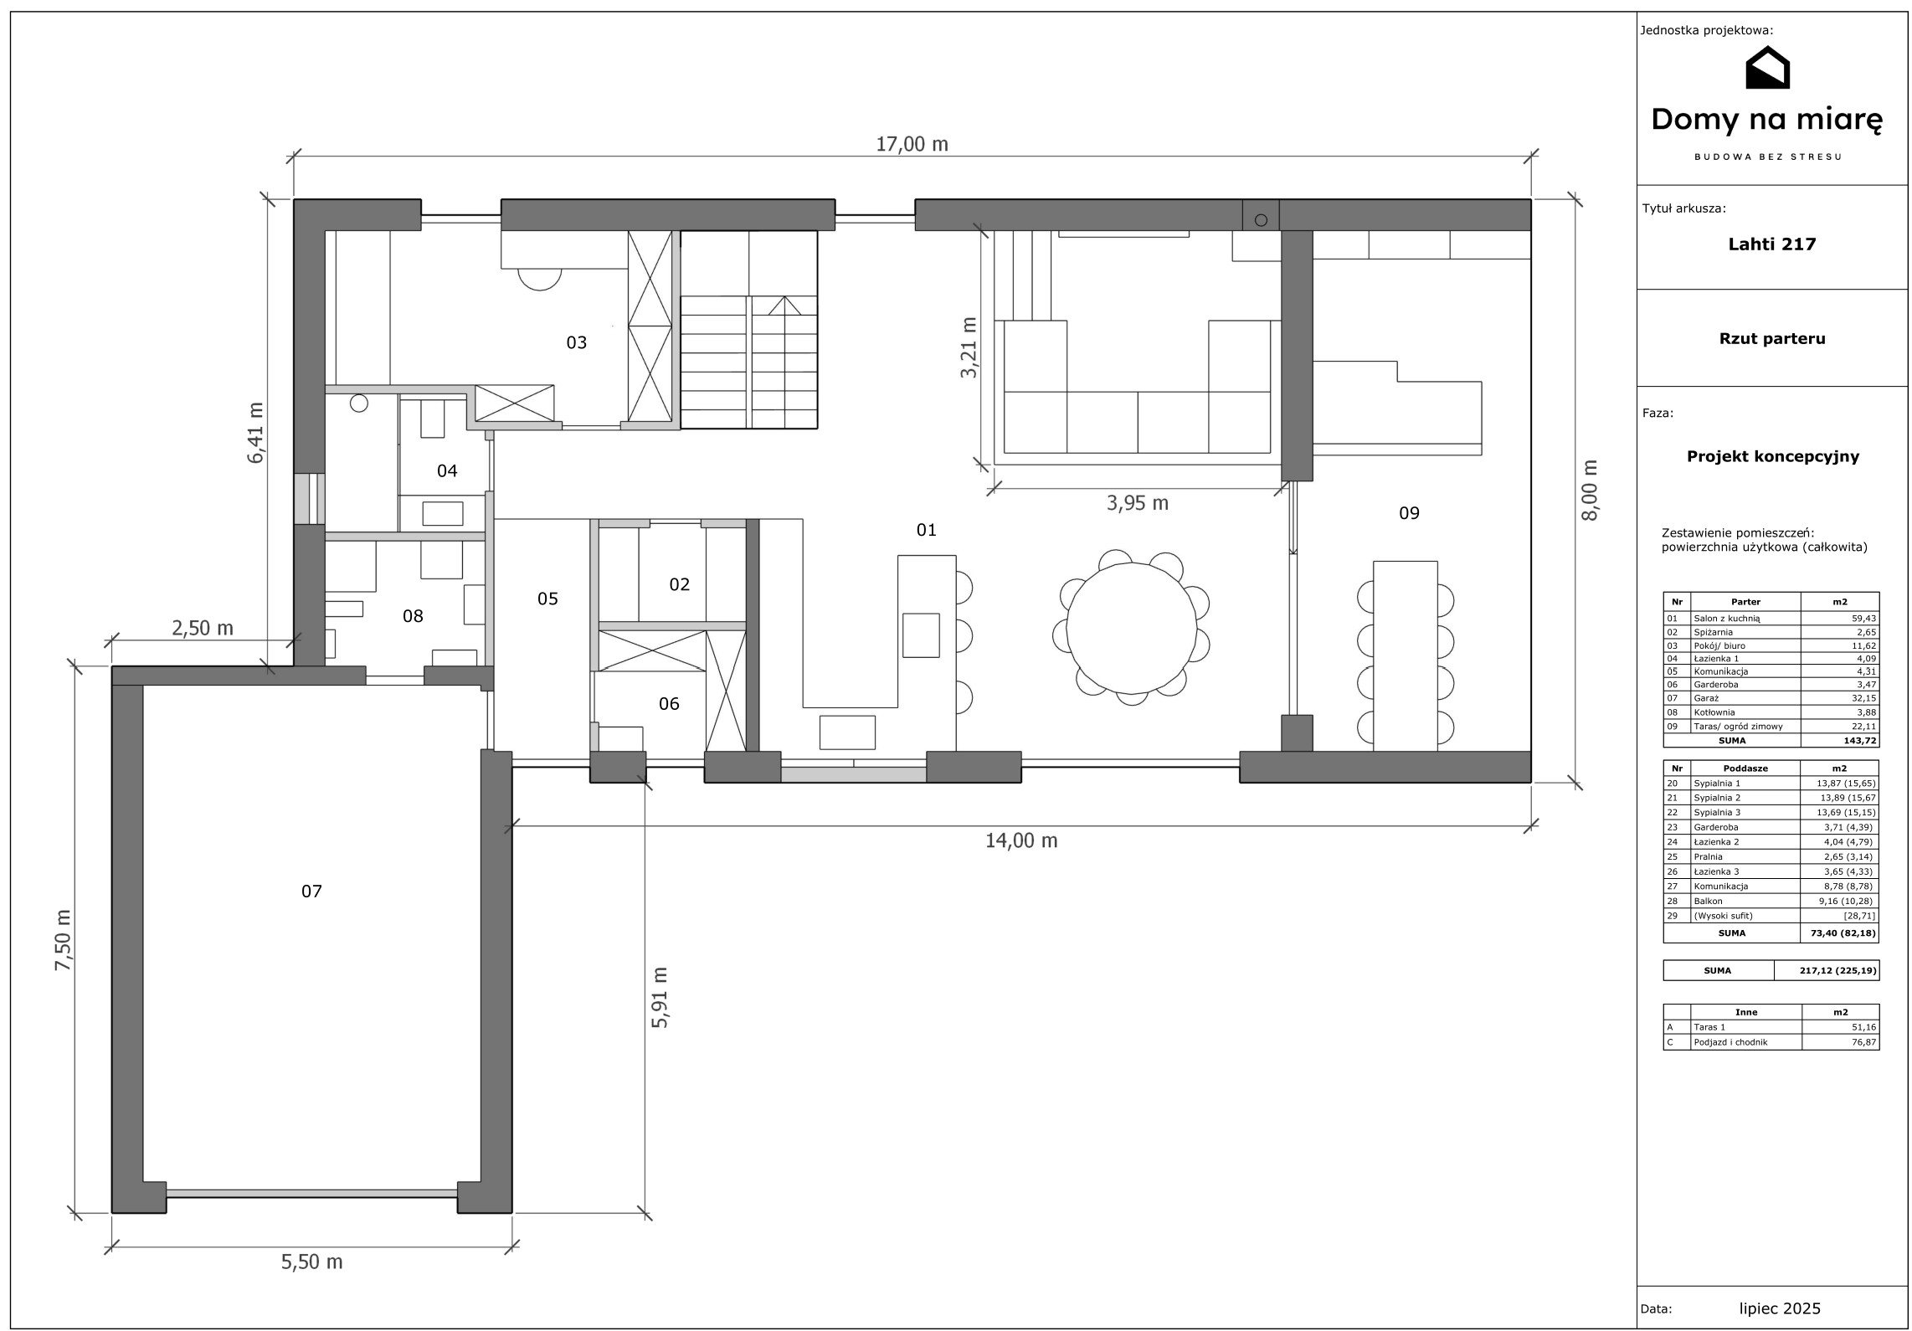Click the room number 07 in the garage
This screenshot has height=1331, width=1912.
tap(311, 891)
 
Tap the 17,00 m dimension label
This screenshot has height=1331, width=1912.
tap(912, 144)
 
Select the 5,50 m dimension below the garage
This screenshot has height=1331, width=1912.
tap(311, 1262)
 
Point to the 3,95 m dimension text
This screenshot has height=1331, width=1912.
tap(1137, 503)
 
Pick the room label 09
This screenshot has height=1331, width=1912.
tap(1409, 513)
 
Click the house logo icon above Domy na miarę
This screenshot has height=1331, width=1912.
tap(1766, 68)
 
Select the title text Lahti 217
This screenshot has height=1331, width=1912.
tap(1772, 244)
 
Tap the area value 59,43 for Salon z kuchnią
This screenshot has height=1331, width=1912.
tap(1864, 618)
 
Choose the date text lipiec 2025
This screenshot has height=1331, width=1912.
tap(1779, 1308)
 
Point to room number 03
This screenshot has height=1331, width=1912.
tap(577, 342)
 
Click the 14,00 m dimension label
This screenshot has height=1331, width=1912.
tap(1021, 840)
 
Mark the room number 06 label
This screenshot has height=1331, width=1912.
tap(669, 704)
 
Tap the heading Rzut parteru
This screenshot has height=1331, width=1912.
tap(1772, 339)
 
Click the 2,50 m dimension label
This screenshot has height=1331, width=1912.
tap(202, 628)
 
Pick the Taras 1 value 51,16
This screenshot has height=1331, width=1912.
tap(1864, 1027)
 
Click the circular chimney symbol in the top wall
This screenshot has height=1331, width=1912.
tap(1261, 220)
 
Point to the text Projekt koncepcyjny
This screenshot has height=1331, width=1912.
tap(1773, 457)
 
